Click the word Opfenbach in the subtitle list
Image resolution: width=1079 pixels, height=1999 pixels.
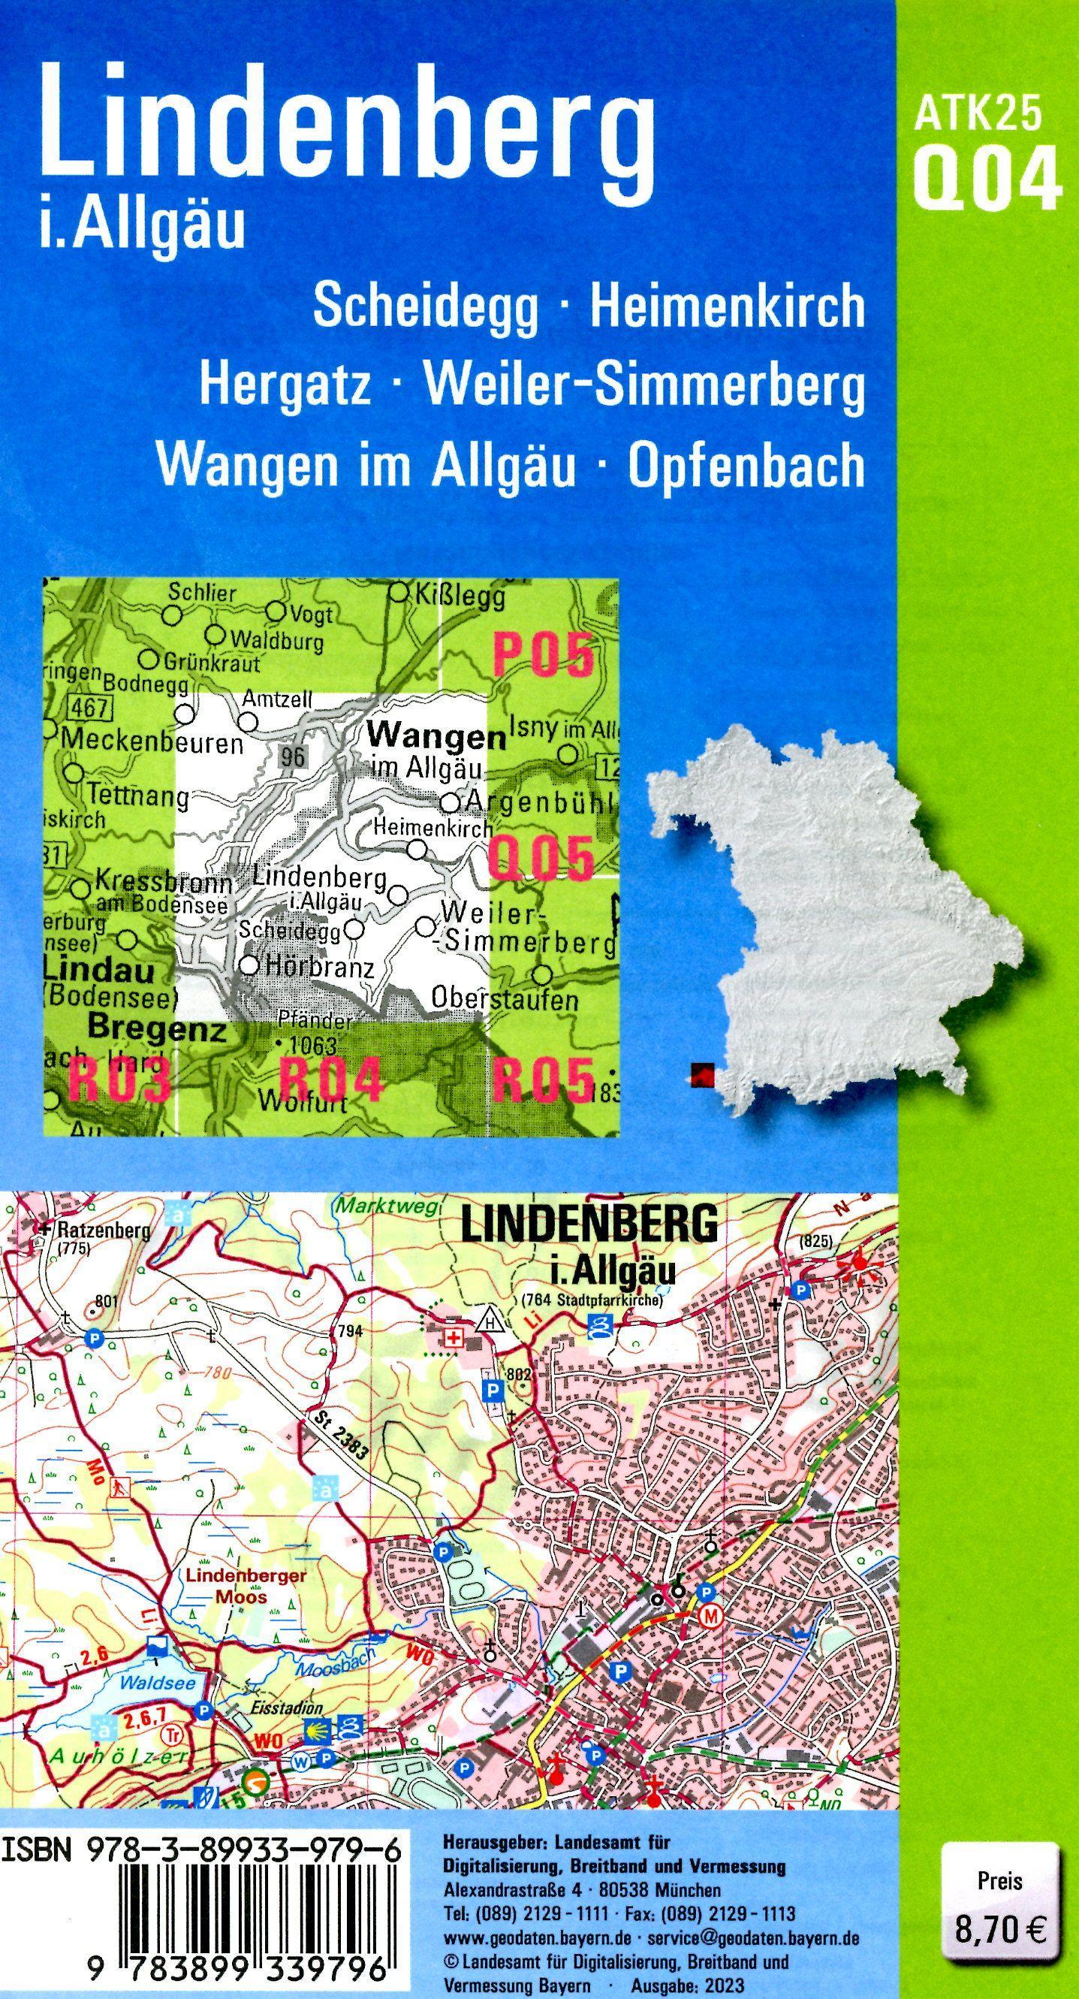coord(746,466)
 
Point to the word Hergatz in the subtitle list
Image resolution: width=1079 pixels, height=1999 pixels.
coord(285,385)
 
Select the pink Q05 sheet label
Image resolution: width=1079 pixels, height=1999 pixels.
coord(541,860)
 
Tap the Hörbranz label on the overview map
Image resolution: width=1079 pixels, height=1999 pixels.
coord(320,968)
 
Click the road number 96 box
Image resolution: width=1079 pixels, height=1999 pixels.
coord(292,756)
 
